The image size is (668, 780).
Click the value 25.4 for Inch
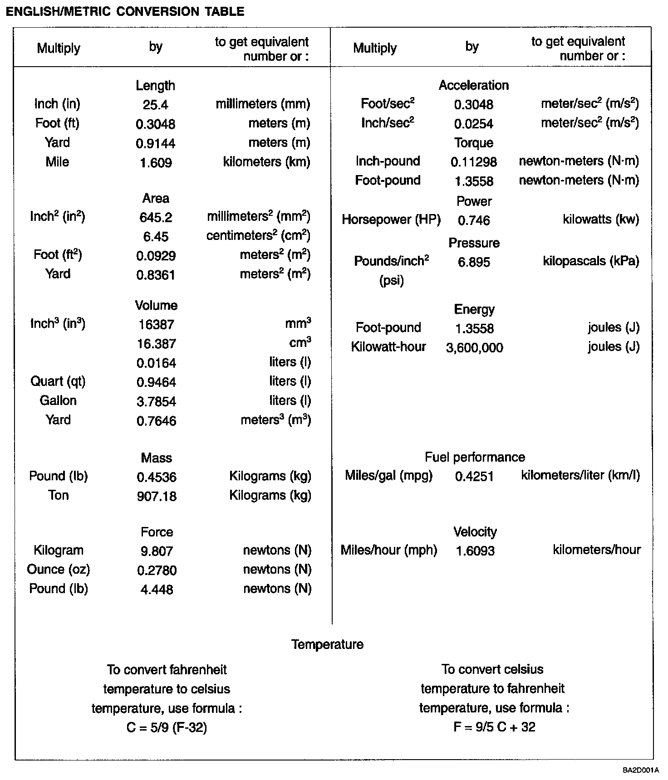(x=155, y=105)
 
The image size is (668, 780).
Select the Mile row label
(x=57, y=162)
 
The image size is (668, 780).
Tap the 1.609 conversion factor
(x=156, y=163)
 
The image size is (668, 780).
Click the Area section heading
(x=156, y=198)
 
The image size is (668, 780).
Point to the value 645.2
(x=156, y=218)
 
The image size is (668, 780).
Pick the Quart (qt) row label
(x=58, y=381)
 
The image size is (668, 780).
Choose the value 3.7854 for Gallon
(x=156, y=402)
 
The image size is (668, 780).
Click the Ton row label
(x=58, y=495)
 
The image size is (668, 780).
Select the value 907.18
(x=157, y=497)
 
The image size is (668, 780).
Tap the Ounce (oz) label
(x=58, y=570)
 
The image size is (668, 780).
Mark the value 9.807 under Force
(x=157, y=551)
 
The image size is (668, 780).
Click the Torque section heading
(x=474, y=143)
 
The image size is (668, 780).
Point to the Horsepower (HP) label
(x=391, y=220)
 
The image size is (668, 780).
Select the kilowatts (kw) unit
(x=600, y=220)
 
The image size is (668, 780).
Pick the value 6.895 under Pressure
(x=474, y=263)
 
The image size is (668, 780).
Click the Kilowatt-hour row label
(x=388, y=347)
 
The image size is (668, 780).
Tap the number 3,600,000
(x=474, y=348)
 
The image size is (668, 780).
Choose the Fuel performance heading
(x=475, y=457)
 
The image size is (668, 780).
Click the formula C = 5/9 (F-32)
(x=167, y=728)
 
